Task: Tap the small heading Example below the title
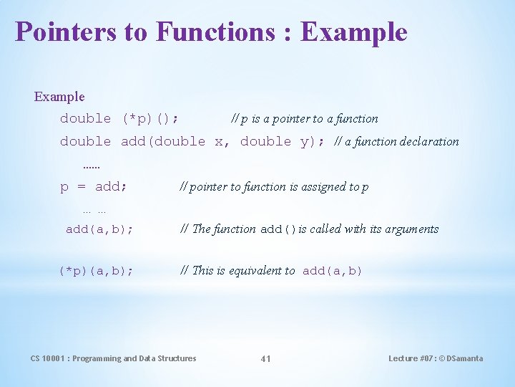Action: [x=59, y=96]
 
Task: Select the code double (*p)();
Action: [x=119, y=118]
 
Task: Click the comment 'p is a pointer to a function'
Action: [x=305, y=119]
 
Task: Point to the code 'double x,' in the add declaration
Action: [x=223, y=141]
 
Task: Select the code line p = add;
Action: [x=94, y=187]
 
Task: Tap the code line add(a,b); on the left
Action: [x=99, y=229]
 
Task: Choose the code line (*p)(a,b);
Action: [x=96, y=271]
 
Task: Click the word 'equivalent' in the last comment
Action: [x=263, y=271]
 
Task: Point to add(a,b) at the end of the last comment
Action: [x=333, y=271]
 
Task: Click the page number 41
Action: [x=265, y=358]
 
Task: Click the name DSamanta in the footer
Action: [x=465, y=358]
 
